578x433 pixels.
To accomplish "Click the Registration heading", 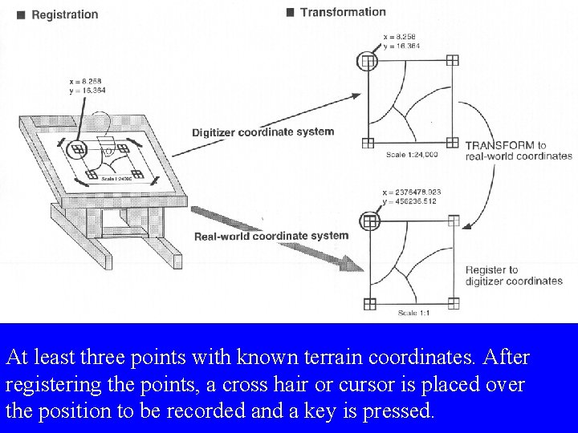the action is pyautogui.click(x=64, y=14).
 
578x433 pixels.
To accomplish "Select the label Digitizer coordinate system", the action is pyautogui.click(x=263, y=132).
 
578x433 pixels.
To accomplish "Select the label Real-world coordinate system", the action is pyautogui.click(x=271, y=236).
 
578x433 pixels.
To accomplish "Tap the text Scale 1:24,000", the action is pyautogui.click(x=411, y=154).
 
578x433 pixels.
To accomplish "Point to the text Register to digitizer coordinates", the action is pyautogui.click(x=514, y=276).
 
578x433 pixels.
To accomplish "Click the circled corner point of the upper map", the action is pyautogui.click(x=368, y=61).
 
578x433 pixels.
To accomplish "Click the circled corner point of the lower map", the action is pyautogui.click(x=369, y=219).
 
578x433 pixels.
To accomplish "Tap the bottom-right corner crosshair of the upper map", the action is pyautogui.click(x=453, y=143).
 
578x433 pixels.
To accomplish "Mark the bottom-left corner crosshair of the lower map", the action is pyautogui.click(x=369, y=303).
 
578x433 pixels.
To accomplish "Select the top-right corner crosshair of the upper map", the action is pyautogui.click(x=453, y=61).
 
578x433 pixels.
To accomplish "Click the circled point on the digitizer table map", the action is pyautogui.click(x=78, y=148).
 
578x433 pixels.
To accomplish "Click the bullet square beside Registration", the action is pyautogui.click(x=20, y=14).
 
